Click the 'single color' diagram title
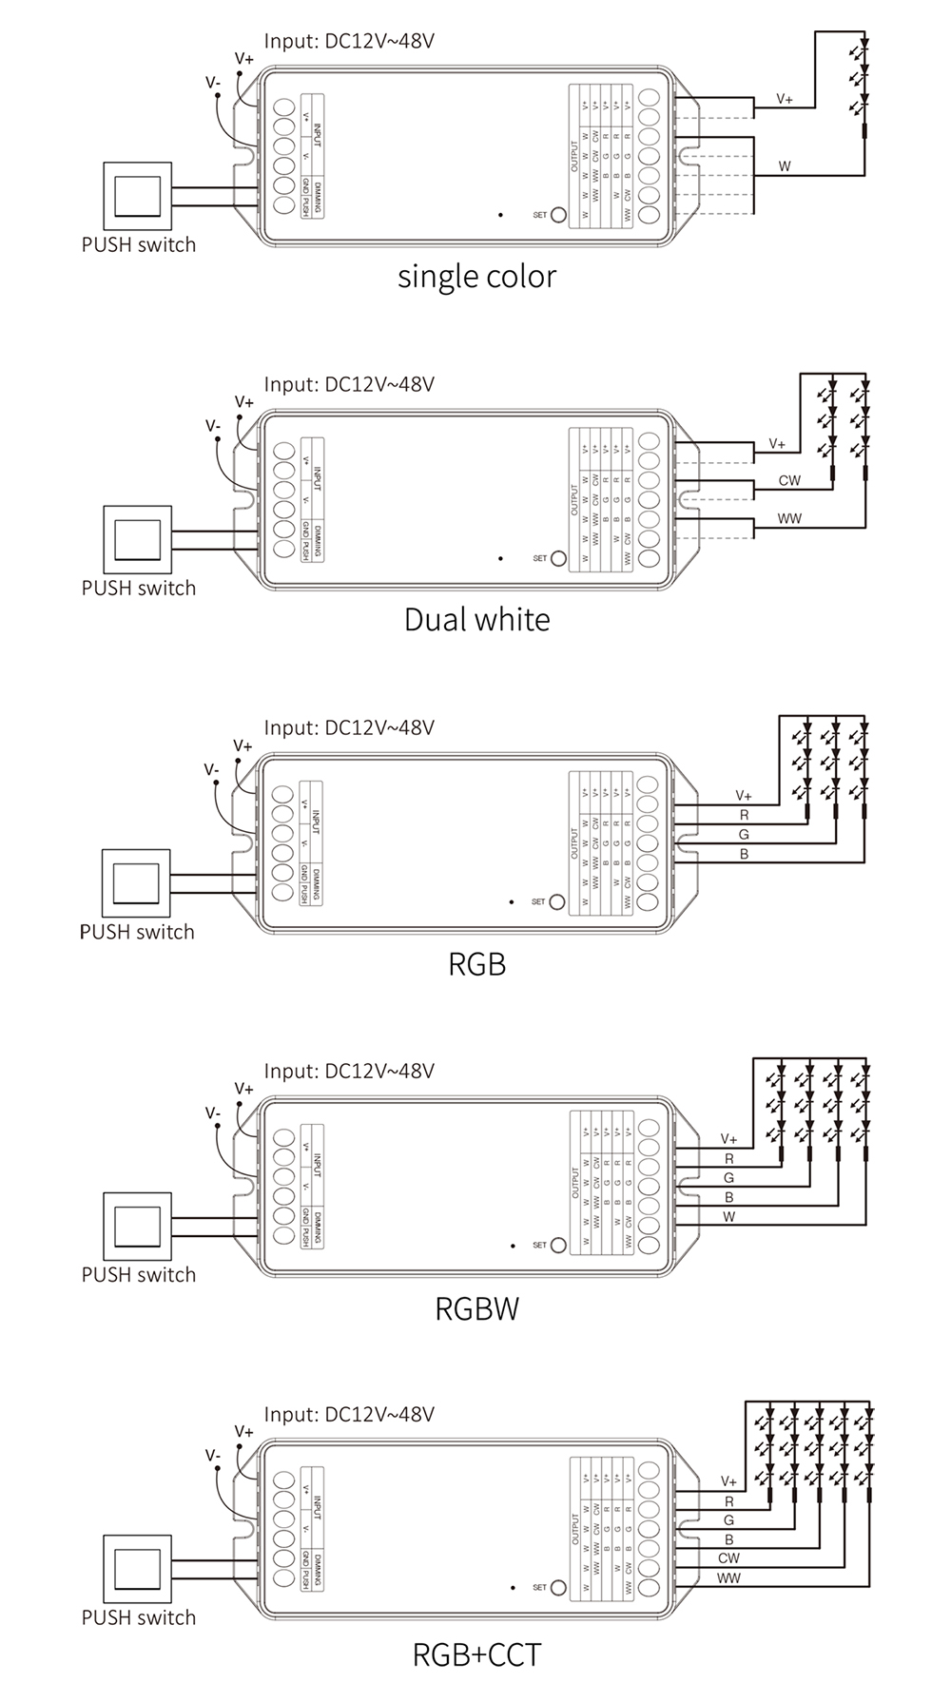pos(476,277)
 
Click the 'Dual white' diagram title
pos(476,620)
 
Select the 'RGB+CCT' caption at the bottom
pos(476,1654)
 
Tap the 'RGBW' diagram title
pos(476,1309)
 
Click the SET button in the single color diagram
pos(558,215)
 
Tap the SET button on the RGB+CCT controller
pos(558,1587)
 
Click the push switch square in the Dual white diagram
pos(138,539)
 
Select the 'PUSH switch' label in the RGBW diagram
pos(139,1275)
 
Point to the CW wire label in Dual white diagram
pos(789,480)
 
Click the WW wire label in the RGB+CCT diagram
pos(728,1578)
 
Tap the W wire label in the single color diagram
pos(785,166)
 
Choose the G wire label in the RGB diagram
pos(744,835)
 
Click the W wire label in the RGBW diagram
pos(728,1217)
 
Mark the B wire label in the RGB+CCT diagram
pos(728,1539)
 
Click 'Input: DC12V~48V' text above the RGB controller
pos(349,728)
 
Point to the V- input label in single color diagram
pos(213,83)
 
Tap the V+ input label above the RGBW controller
pos(244,1089)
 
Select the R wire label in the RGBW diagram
pos(728,1159)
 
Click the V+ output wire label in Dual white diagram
pos(777,444)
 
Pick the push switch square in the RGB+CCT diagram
pos(138,1569)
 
